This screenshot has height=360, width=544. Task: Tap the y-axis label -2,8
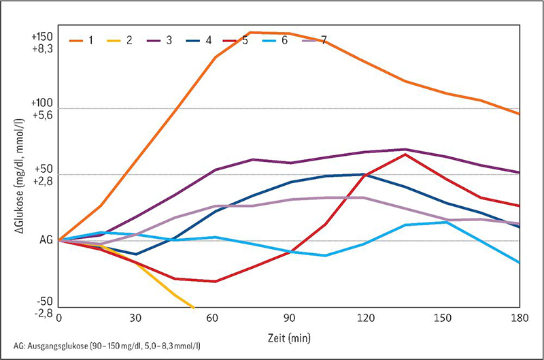tap(44, 312)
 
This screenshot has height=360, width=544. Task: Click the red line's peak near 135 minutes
tap(405, 154)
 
